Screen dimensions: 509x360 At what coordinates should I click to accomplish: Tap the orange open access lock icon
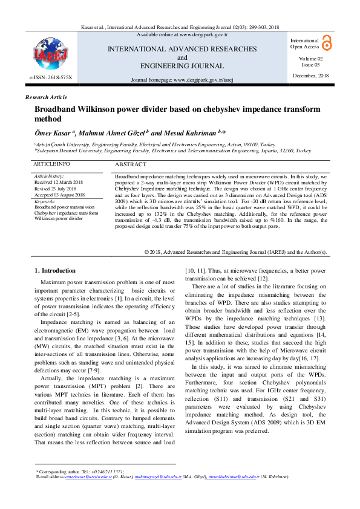[327, 42]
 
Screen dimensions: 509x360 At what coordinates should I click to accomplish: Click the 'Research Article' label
[46, 97]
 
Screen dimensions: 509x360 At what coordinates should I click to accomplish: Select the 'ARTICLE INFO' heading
[51, 164]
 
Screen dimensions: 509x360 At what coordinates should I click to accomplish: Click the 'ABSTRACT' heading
[130, 164]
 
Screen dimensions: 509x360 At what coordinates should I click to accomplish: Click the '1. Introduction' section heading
[55, 271]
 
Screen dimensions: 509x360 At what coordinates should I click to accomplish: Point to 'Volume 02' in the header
[311, 58]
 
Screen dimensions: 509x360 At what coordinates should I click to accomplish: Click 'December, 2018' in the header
[311, 76]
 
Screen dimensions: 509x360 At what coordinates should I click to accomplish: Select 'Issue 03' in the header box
[312, 64]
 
